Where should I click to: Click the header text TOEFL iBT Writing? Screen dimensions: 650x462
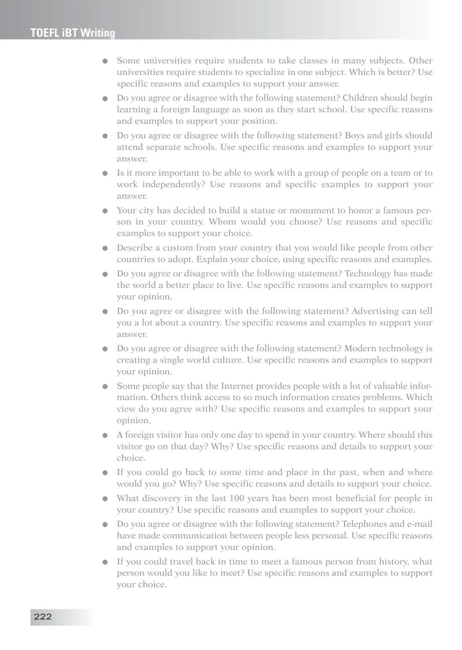point(73,33)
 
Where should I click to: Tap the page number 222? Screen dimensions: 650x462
point(43,616)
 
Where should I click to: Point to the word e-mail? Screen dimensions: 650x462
point(419,524)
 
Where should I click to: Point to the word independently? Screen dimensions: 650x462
point(173,184)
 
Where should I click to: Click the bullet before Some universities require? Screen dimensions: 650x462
point(104,61)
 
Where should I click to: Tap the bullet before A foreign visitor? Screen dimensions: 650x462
point(104,436)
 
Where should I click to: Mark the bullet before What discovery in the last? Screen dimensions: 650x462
point(104,499)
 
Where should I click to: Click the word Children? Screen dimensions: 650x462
point(359,98)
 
